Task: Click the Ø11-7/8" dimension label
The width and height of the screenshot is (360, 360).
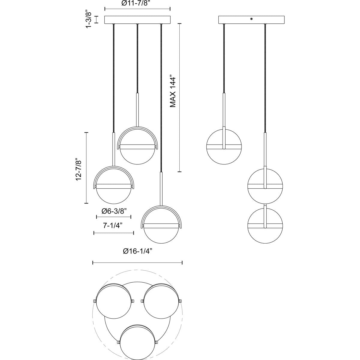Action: click(x=137, y=3)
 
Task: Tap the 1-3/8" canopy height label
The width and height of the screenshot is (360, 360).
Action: click(x=89, y=19)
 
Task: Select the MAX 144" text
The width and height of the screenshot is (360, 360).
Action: click(x=173, y=91)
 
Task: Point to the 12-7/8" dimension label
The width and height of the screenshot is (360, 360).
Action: click(x=79, y=169)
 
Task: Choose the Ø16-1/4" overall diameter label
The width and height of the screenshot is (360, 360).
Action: click(x=137, y=251)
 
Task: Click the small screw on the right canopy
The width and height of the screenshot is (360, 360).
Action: click(x=251, y=19)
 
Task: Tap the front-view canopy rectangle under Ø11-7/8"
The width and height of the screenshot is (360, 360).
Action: click(x=137, y=20)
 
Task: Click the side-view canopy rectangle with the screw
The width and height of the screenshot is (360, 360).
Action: click(x=251, y=20)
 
